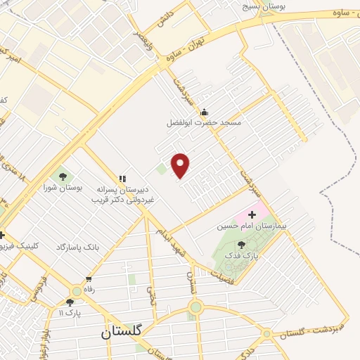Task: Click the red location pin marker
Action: (181, 165)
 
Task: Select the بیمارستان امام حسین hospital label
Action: (251, 226)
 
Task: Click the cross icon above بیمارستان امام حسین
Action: (252, 214)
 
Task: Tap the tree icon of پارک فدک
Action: (241, 245)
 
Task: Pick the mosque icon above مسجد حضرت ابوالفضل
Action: (204, 111)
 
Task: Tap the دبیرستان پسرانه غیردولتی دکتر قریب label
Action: (123, 194)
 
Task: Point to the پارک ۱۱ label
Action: (70, 313)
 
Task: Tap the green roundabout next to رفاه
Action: (76, 291)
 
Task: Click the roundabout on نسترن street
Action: (195, 307)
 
